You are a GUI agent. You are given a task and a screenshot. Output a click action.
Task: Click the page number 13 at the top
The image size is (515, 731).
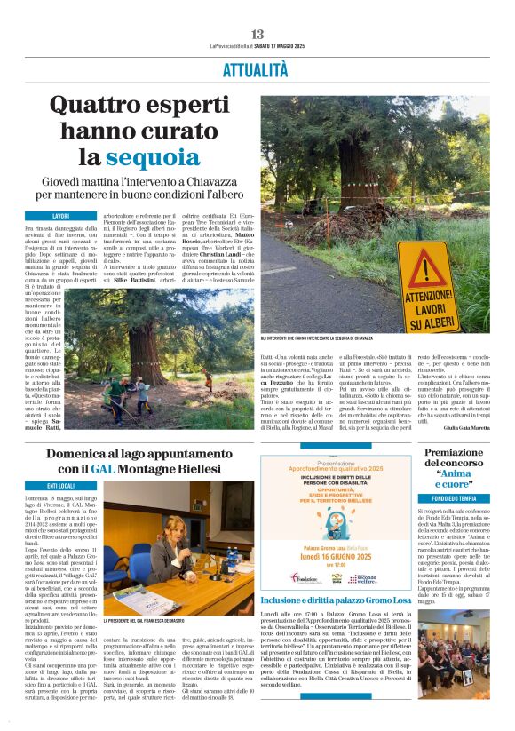(257, 35)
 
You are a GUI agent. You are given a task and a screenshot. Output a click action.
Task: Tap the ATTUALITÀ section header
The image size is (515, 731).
(257, 68)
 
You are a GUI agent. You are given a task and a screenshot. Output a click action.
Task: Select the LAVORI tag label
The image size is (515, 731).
(61, 216)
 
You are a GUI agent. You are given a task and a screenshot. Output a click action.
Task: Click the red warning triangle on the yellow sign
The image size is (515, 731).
(427, 270)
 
